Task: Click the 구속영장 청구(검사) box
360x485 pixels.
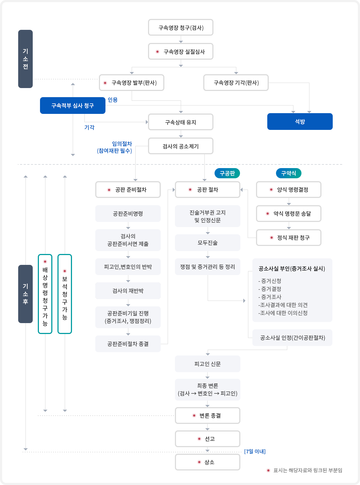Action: click(181, 28)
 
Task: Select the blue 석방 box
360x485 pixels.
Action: click(300, 122)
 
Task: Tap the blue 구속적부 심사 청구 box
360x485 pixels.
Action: click(73, 106)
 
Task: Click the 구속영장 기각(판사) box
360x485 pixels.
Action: click(236, 83)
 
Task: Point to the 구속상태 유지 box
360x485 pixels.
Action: click(181, 122)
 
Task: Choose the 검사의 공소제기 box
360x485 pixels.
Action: click(181, 146)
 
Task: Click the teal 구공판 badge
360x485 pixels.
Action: click(227, 173)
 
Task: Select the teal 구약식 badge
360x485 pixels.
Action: click(289, 173)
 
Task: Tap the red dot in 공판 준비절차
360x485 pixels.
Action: click(109, 190)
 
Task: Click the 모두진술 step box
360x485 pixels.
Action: click(208, 243)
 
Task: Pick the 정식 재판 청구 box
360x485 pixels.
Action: click(289, 238)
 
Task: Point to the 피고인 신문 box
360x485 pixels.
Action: click(208, 364)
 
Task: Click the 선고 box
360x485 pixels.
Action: click(208, 439)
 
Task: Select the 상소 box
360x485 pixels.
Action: click(208, 462)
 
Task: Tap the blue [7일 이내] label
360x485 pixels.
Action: click(255, 452)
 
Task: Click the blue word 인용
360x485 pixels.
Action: click(113, 100)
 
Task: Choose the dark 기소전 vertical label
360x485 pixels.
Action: click(25, 59)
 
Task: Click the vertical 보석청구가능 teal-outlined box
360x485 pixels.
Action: click(65, 294)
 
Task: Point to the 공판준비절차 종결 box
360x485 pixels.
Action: click(128, 344)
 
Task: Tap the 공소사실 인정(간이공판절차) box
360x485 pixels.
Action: click(292, 338)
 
